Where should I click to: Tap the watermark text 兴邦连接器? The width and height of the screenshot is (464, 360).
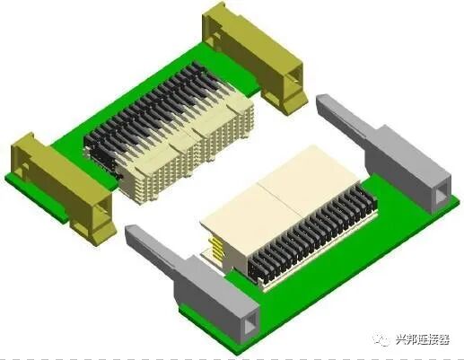point(423,339)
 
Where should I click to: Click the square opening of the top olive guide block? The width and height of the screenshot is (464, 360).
point(296,75)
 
